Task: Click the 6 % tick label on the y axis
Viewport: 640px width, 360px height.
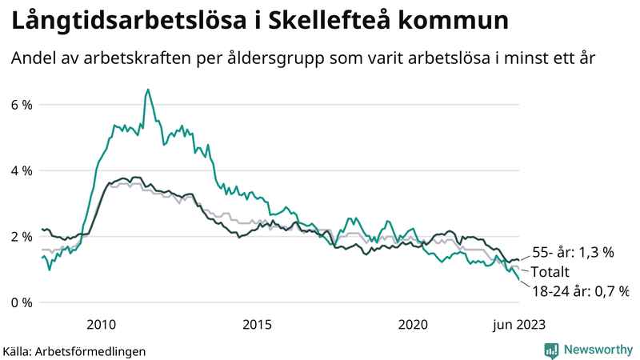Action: [22, 105]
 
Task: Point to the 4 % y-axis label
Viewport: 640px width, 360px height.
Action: [22, 170]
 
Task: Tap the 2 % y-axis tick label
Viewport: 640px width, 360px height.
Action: [22, 237]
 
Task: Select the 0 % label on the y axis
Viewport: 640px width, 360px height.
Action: [22, 302]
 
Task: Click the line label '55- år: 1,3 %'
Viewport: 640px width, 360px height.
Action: [573, 252]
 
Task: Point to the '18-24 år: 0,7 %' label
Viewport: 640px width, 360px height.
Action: [581, 290]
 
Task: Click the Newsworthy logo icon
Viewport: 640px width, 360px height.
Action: [551, 350]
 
